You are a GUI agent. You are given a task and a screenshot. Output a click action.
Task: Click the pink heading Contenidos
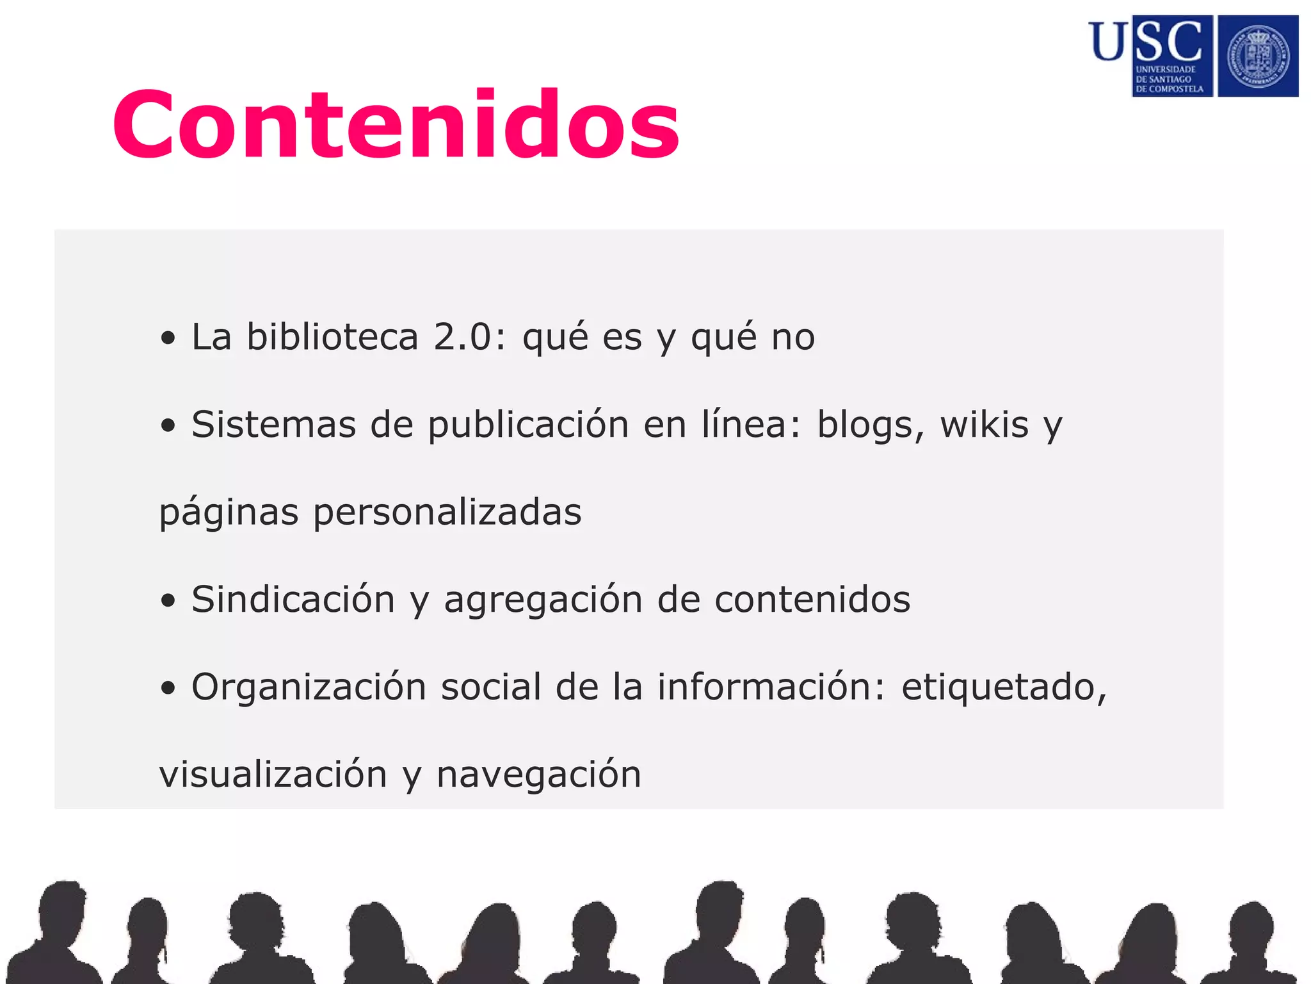396,124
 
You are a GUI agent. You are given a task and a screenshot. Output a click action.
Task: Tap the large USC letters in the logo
1146,41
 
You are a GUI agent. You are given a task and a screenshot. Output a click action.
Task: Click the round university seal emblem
1258,56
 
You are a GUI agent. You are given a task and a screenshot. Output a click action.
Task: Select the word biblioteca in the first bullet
332,337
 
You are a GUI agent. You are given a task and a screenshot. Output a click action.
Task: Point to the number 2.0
462,337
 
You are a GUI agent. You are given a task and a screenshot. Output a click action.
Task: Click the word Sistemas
273,425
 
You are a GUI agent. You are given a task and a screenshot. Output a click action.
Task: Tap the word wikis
984,425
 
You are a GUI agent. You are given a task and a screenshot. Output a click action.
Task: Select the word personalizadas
447,512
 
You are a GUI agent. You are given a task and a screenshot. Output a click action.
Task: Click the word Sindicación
293,600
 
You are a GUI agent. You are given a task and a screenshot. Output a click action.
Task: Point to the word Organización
309,687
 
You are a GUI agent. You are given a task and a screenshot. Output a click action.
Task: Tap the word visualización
273,775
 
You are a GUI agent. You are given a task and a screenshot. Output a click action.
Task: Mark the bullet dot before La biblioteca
168,339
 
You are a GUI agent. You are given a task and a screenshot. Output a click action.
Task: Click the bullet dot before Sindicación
168,602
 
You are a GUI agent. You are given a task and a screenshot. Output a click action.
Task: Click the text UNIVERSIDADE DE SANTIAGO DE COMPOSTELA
1169,79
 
